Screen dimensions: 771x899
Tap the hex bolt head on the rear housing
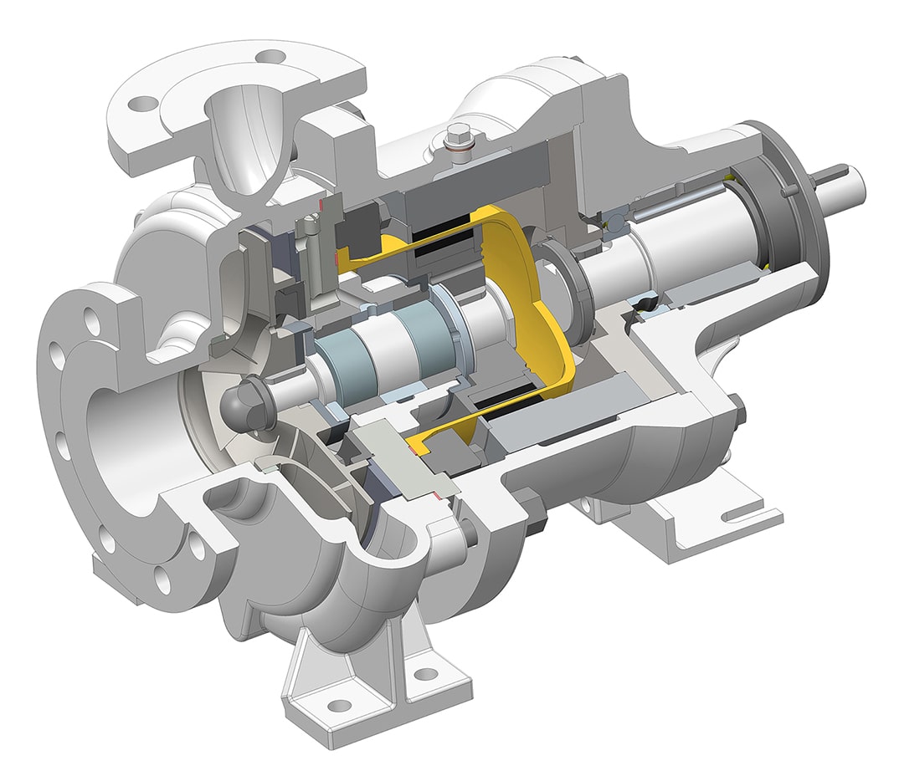coord(737,411)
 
